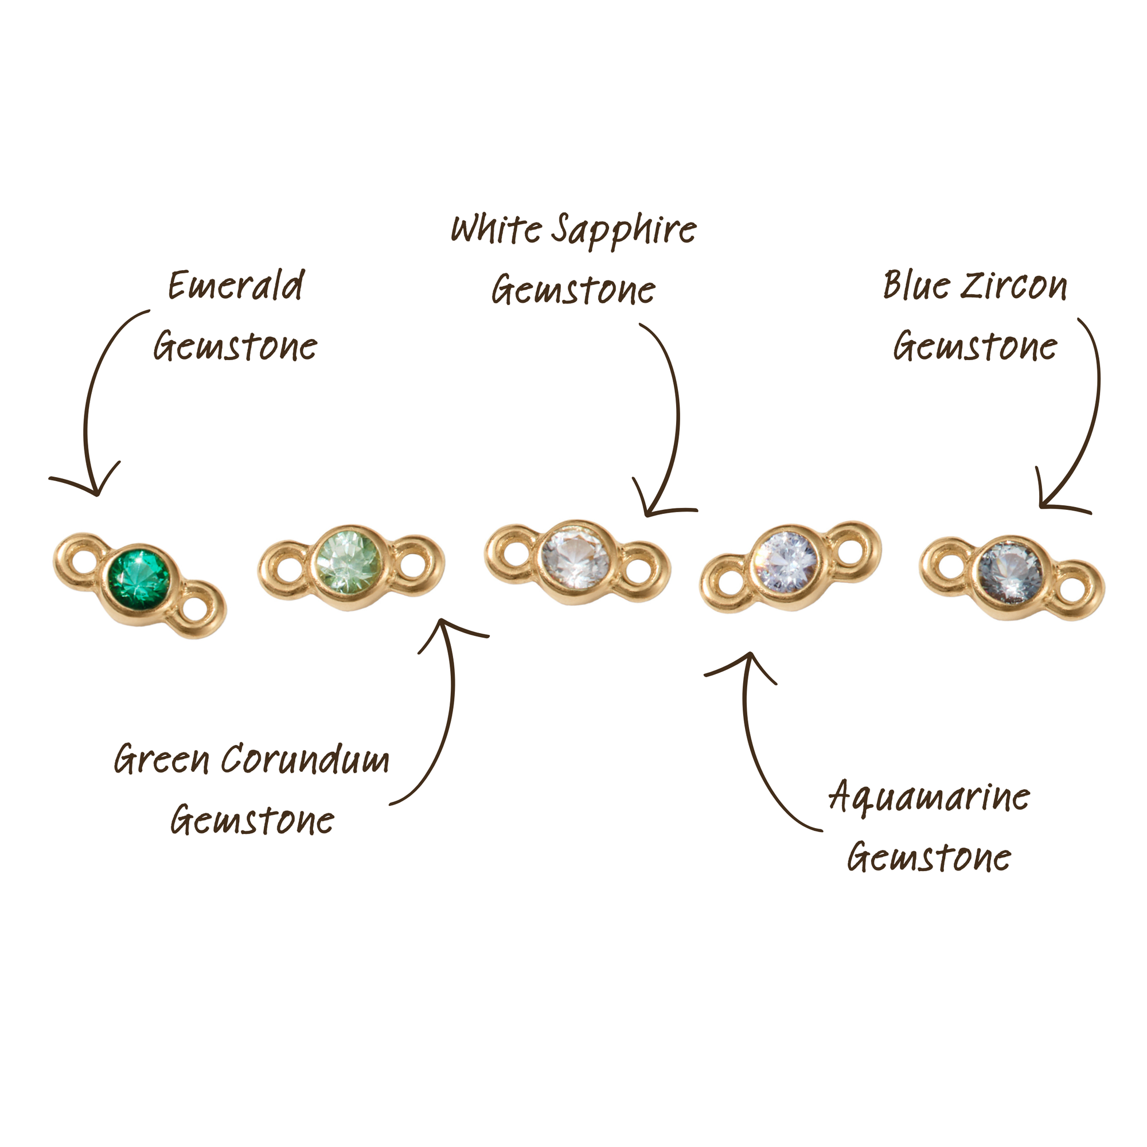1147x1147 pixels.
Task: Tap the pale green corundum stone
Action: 349,561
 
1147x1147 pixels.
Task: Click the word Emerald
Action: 236,286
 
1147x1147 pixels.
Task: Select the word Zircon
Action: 1013,286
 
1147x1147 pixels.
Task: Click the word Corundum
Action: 306,760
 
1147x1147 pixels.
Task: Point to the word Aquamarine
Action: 929,797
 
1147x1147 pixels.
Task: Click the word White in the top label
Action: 496,229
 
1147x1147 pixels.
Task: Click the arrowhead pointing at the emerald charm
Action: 96,492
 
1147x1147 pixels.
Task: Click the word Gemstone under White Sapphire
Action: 573,290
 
